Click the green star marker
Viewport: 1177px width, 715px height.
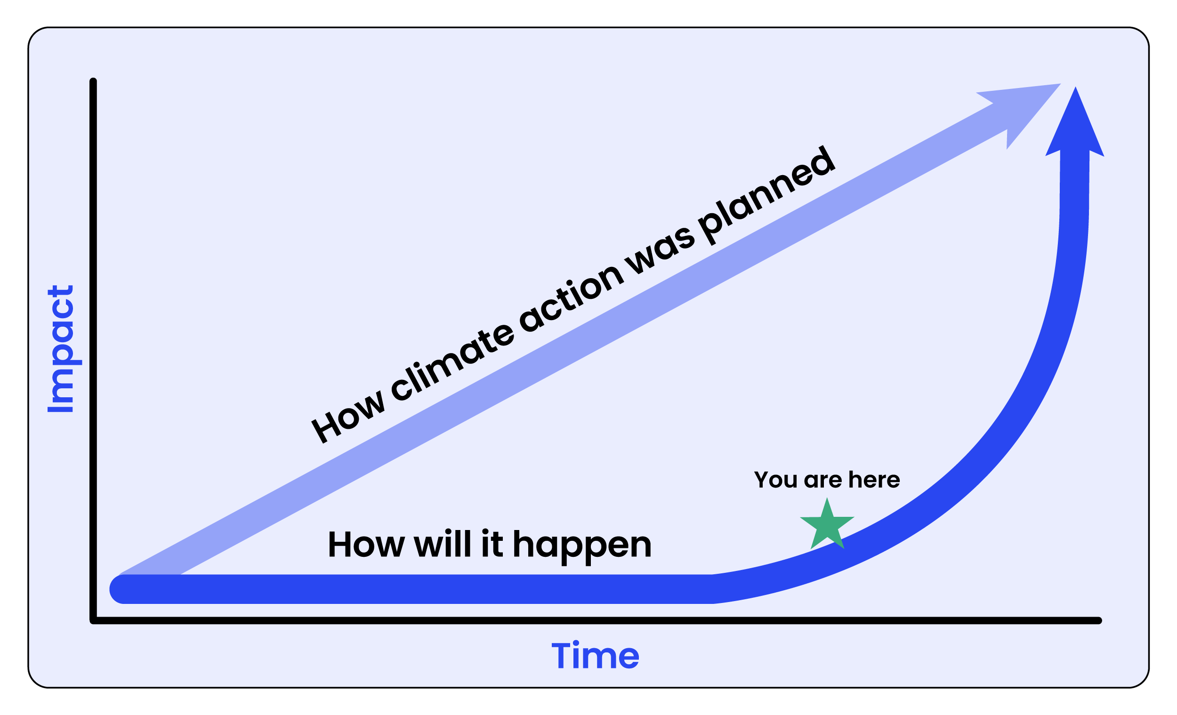(827, 524)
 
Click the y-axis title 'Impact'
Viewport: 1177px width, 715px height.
(61, 349)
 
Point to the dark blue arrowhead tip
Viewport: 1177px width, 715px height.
(1075, 87)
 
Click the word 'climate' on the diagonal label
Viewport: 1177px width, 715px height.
(452, 362)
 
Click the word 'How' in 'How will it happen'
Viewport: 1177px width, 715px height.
(366, 544)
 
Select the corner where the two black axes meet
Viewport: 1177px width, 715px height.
(93, 620)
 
